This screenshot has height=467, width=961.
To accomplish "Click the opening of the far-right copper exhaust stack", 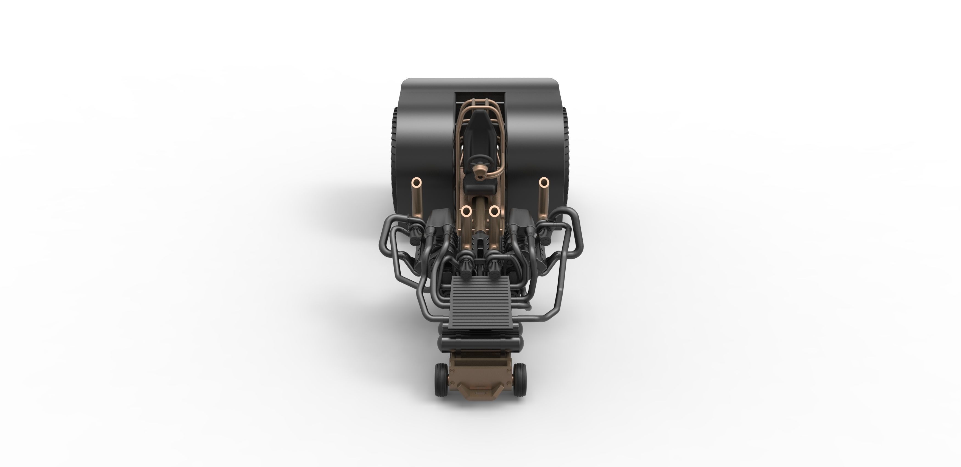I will pyautogui.click(x=544, y=182).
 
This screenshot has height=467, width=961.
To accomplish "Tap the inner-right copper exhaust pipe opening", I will pyautogui.click(x=494, y=211).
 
